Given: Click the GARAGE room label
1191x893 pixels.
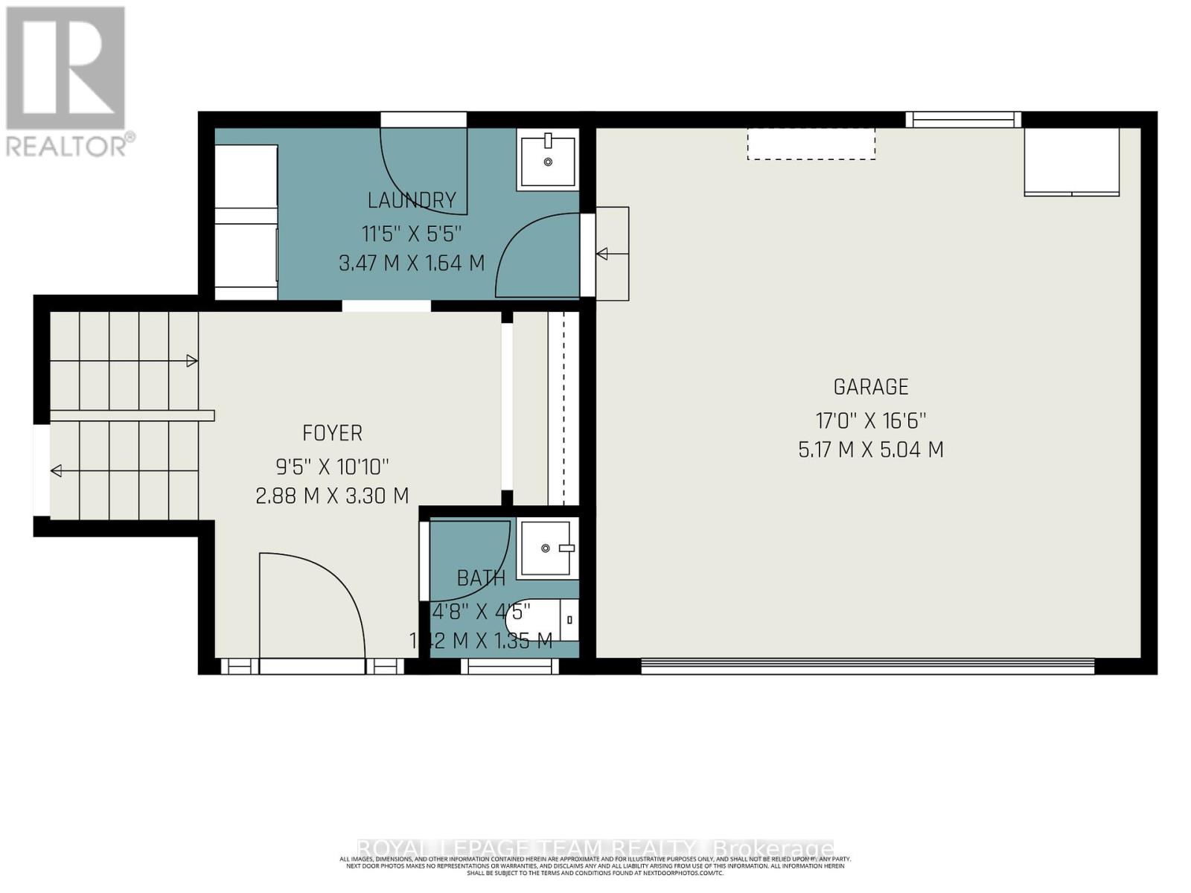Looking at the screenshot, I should tap(870, 387).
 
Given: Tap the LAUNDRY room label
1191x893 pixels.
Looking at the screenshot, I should tap(412, 200).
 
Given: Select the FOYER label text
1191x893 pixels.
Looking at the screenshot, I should tap(332, 433).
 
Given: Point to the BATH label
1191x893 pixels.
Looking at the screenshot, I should tap(481, 578).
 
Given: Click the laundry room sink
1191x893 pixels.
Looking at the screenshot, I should tap(548, 161).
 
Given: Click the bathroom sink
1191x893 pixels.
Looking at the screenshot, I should tap(549, 548).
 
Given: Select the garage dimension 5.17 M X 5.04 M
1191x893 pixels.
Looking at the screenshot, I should tap(870, 449).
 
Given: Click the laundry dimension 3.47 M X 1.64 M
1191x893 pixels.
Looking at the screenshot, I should tap(412, 263).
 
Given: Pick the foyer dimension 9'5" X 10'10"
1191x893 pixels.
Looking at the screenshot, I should tap(332, 467).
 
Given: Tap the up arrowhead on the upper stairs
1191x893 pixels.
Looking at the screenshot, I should tap(192, 361).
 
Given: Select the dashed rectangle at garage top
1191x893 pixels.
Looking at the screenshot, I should tap(811, 144).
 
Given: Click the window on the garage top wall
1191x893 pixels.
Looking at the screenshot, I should tap(963, 119).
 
